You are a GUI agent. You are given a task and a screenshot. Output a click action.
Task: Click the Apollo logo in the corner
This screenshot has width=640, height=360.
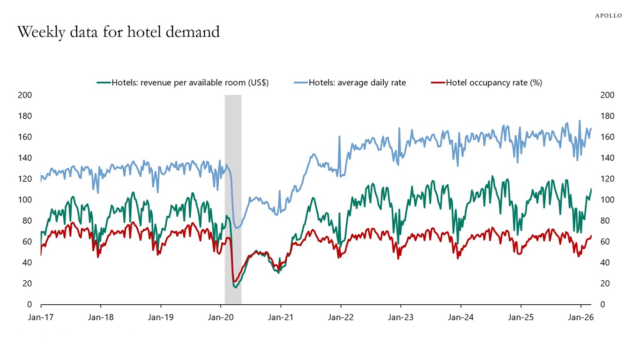(x=608, y=15)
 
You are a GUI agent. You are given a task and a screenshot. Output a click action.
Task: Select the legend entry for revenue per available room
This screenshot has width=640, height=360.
(x=190, y=83)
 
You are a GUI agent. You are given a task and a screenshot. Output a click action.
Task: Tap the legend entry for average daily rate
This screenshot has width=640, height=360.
(x=357, y=83)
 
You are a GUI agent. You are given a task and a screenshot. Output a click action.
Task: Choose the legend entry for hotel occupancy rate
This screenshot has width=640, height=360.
(x=493, y=83)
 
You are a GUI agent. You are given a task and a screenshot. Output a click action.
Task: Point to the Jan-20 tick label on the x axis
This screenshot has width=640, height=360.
(x=221, y=317)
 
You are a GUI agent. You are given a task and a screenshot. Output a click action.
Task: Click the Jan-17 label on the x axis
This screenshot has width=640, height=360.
(x=41, y=317)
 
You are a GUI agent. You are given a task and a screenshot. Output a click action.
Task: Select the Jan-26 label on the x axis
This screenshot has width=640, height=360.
(x=581, y=317)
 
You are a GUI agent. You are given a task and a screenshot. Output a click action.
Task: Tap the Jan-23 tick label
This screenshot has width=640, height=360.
(x=401, y=317)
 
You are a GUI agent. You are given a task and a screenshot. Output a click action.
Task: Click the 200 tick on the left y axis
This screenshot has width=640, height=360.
(x=25, y=95)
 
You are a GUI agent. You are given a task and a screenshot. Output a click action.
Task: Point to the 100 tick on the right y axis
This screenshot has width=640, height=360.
(x=607, y=200)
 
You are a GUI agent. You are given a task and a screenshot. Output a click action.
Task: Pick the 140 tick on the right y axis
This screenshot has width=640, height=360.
(x=607, y=158)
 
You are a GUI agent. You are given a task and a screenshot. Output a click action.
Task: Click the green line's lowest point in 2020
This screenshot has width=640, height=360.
(x=236, y=287)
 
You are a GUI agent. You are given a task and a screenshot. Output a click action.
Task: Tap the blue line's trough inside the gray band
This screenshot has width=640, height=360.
(x=237, y=228)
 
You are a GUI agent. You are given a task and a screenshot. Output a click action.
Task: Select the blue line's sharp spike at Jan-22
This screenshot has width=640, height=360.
(x=340, y=137)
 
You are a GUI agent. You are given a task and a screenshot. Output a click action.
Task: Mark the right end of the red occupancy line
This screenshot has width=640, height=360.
(x=591, y=236)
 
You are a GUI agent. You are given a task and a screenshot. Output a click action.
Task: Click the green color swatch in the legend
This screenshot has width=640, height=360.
(x=103, y=83)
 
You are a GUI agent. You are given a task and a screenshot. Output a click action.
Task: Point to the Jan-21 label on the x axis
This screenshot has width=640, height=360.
(x=281, y=317)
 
